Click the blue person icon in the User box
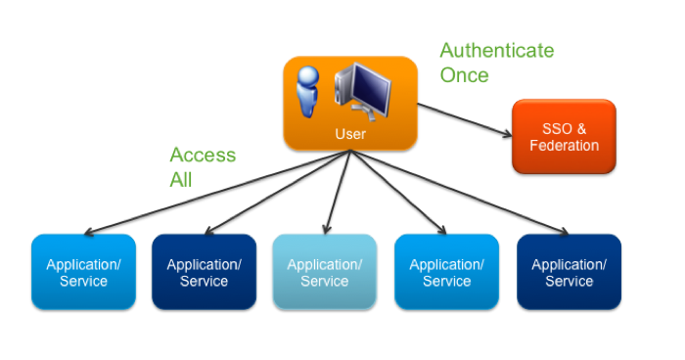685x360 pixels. [x=309, y=93]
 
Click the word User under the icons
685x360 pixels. [x=349, y=133]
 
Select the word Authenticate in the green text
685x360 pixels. [x=496, y=51]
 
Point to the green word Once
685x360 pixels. [x=464, y=75]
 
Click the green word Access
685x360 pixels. [x=203, y=156]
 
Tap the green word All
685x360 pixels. [x=181, y=180]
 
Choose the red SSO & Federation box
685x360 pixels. [x=564, y=137]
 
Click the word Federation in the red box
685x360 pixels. [x=564, y=146]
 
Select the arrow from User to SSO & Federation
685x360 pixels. [x=465, y=120]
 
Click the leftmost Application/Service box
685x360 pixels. [x=83, y=272]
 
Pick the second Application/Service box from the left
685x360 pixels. [x=204, y=272]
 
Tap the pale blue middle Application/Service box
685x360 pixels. [x=324, y=272]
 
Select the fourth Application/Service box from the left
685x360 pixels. [x=446, y=272]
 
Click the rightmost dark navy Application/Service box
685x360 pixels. [x=569, y=272]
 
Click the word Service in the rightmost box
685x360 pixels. [x=569, y=282]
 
